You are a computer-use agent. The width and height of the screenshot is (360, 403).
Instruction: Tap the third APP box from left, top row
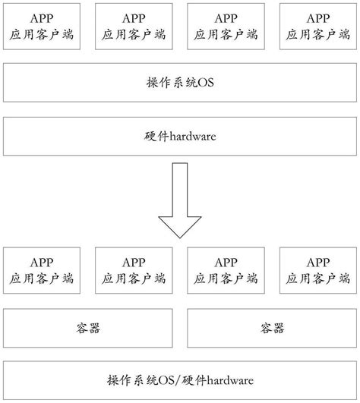coord(226,27)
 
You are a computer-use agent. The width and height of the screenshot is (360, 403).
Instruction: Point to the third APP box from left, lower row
coord(226,270)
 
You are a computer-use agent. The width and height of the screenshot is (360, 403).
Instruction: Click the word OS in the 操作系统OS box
coord(207,82)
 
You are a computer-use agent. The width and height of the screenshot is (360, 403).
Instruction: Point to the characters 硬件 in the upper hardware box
coord(156,137)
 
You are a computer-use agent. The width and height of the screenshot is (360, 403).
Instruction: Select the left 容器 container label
coord(89,329)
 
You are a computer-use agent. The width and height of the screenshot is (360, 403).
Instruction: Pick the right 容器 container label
coord(271,329)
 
